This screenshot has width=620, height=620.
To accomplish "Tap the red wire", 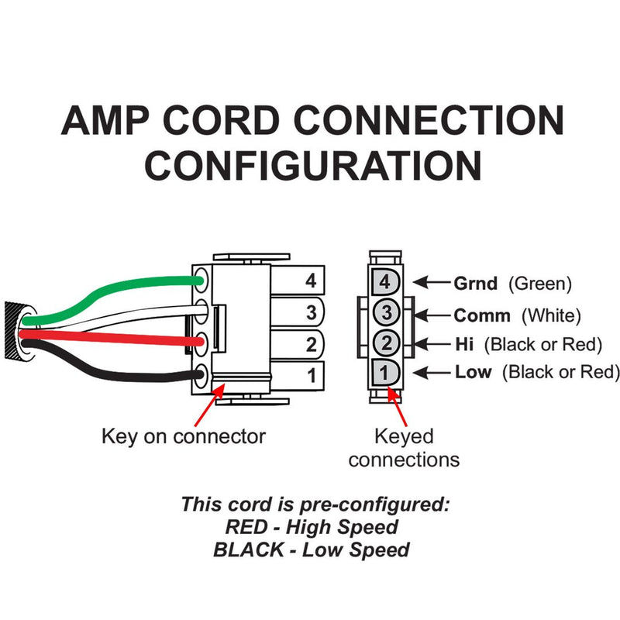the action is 111,337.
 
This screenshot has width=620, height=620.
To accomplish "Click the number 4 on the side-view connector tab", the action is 311,281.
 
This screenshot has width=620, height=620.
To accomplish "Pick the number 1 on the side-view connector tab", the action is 312,375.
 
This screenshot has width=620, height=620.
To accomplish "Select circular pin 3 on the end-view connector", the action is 386,312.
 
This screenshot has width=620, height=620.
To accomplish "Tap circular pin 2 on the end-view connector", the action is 386,343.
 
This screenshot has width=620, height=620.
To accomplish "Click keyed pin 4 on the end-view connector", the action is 385,281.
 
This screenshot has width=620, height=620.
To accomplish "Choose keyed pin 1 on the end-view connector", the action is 385,373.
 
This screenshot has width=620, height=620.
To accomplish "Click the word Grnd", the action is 475,284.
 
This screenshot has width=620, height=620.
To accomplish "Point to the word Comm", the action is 482,315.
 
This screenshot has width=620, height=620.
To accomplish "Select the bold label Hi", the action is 464,344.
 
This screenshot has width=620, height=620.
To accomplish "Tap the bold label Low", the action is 474,372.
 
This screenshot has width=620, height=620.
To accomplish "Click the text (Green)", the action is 540,284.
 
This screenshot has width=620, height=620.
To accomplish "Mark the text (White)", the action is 551,316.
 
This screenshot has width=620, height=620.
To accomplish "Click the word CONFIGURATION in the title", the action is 314,165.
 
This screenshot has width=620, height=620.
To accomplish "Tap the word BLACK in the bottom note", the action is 248,549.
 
